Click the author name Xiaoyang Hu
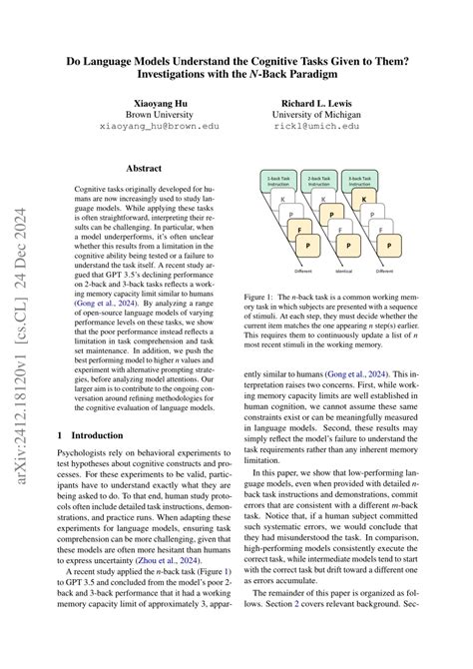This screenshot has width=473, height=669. pyautogui.click(x=152, y=103)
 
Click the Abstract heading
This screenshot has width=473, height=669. pyautogui.click(x=152, y=171)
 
